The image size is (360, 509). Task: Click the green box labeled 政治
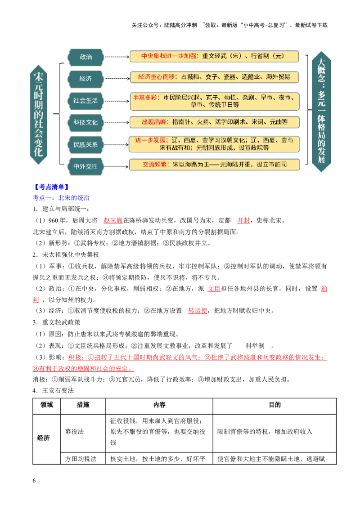pyautogui.click(x=85, y=57)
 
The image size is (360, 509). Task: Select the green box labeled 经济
pyautogui.click(x=85, y=79)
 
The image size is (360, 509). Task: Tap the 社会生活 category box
pyautogui.click(x=85, y=101)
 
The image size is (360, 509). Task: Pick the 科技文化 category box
pyautogui.click(x=85, y=122)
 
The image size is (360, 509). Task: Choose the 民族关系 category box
pyautogui.click(x=85, y=145)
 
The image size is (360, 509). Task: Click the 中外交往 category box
pyautogui.click(x=85, y=166)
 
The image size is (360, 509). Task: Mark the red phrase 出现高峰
pyautogui.click(x=151, y=122)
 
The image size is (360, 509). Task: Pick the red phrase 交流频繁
pyautogui.click(x=155, y=165)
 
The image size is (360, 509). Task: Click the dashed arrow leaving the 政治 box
pyautogui.click(x=116, y=57)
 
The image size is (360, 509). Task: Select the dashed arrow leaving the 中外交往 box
pyautogui.click(x=116, y=166)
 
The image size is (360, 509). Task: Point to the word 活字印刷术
pyautogui.click(x=229, y=122)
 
